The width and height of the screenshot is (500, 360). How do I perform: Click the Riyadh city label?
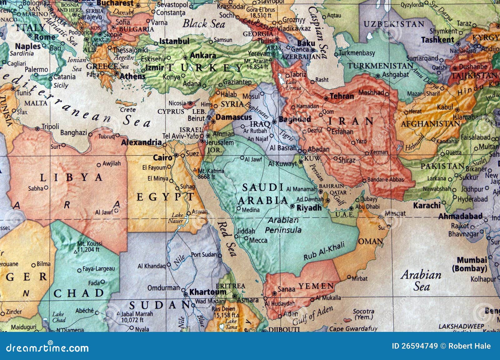pos(309,208)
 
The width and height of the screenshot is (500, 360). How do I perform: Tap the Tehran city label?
pos(342,96)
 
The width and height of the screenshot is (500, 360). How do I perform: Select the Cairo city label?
pos(162,158)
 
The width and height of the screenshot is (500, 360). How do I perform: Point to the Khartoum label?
pos(208,292)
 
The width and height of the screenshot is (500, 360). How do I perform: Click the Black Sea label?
pos(204,23)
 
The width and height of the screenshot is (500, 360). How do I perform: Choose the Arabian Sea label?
pos(421,280)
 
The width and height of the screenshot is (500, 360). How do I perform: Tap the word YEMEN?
pos(316,286)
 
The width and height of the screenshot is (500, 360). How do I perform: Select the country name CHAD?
pos(78,293)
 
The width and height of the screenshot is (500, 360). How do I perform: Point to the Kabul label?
pos(445,107)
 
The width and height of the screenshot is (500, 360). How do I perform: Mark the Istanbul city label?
pos(174,41)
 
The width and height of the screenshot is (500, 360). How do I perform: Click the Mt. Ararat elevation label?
pos(256,64)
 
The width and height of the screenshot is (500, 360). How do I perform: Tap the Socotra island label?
pos(363,314)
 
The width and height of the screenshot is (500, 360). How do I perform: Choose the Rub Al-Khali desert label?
pos(324,251)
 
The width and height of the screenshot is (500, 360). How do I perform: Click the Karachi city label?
pos(427,205)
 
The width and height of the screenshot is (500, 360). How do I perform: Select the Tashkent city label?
pos(437,40)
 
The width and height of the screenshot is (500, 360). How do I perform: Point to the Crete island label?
pos(128,110)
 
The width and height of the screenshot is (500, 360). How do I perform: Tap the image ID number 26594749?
pos(415,346)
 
